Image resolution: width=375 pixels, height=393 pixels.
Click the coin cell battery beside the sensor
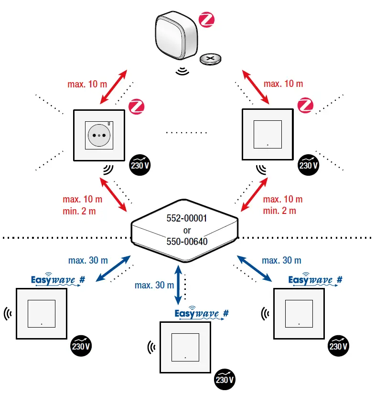coord(211,59)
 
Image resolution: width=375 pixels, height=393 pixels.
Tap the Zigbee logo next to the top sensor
coord(206,20)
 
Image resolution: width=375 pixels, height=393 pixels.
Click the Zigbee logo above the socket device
coord(137,106)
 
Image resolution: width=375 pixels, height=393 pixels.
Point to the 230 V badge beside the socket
coord(139,164)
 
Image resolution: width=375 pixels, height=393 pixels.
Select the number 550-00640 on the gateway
coord(187,242)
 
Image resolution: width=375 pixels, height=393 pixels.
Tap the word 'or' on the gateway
coord(187,231)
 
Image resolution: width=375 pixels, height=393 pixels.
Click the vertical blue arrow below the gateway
coord(178,285)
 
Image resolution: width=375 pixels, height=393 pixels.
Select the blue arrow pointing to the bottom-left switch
coord(114,269)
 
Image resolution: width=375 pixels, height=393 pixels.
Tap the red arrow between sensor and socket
coord(113,87)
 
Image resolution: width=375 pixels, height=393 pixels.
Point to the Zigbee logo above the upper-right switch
coord(305,106)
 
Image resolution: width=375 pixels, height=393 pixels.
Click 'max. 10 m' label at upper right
coord(283,84)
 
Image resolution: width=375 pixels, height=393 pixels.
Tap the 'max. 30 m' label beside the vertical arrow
coord(154,286)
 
